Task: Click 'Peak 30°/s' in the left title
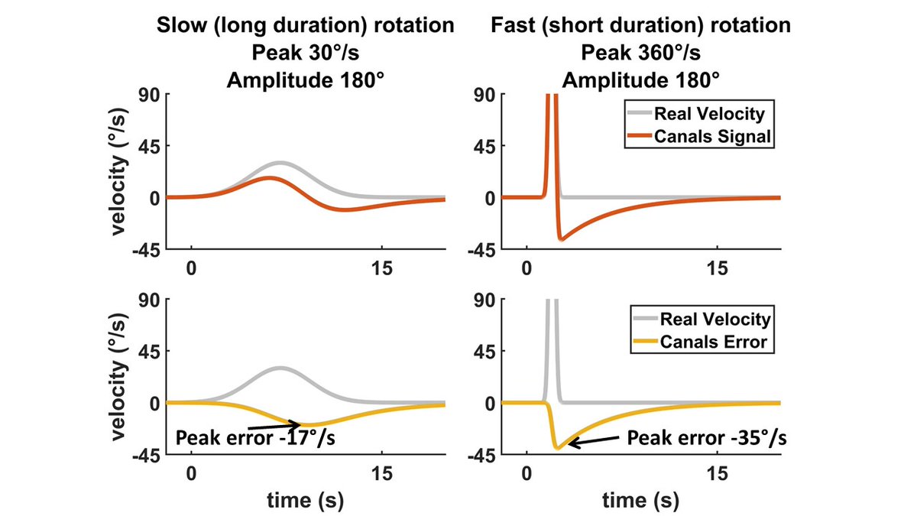pos(305,53)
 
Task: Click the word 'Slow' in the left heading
pos(175,25)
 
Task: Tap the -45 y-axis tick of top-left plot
pos(151,250)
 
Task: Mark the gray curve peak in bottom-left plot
pos(281,368)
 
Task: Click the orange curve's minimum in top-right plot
pos(561,239)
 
